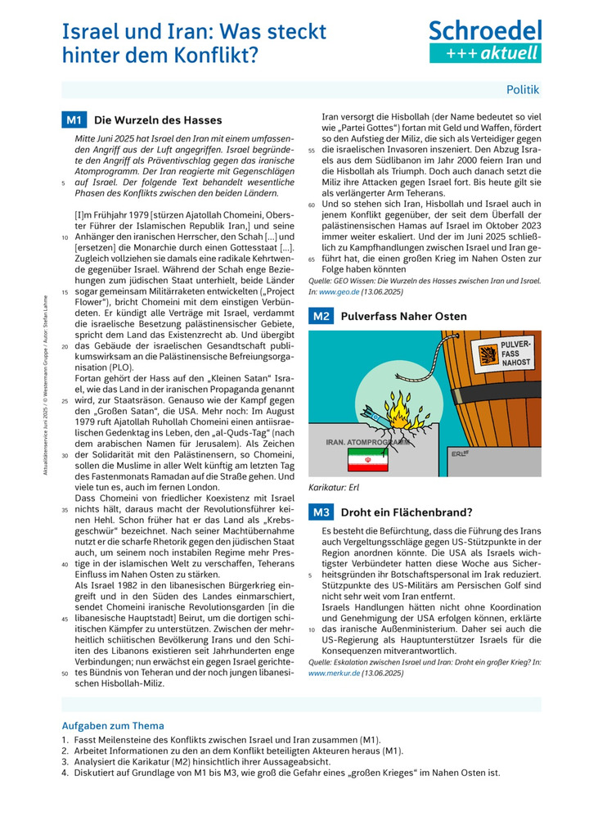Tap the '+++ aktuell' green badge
pyautogui.click(x=485, y=53)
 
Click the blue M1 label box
pyautogui.click(x=74, y=120)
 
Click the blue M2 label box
pyautogui.click(x=320, y=316)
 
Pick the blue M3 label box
pyautogui.click(x=320, y=512)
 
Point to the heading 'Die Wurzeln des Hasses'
pyautogui.click(x=158, y=120)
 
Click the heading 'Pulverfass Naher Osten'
pyautogui.click(x=403, y=316)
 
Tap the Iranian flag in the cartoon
pyautogui.click(x=361, y=462)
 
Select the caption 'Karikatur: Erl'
pyautogui.click(x=334, y=487)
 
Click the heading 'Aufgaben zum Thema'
pyautogui.click(x=113, y=725)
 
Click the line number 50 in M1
pyautogui.click(x=65, y=674)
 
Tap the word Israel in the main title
pyautogui.click(x=88, y=32)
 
